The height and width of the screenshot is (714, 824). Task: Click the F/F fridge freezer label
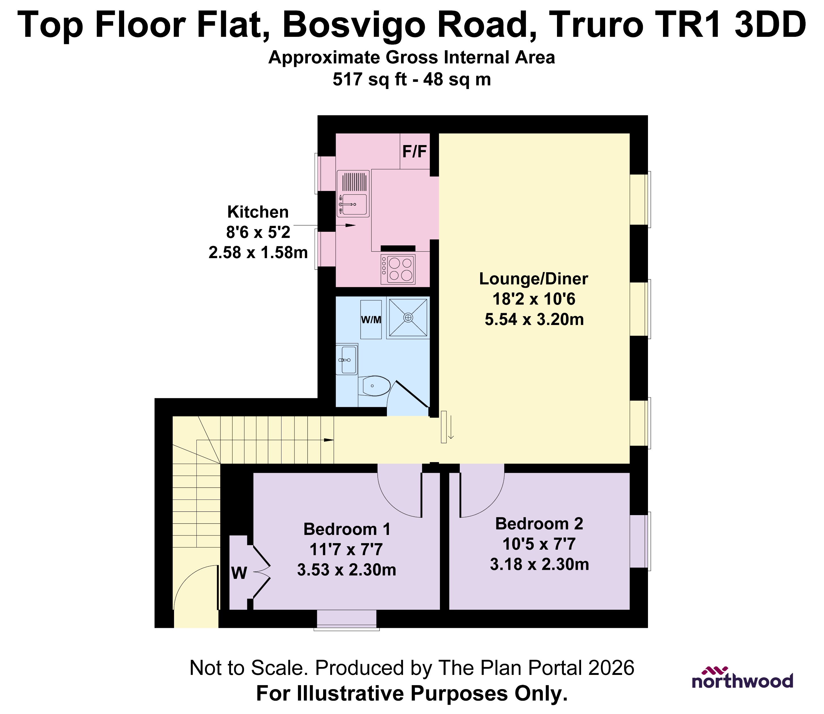click(415, 152)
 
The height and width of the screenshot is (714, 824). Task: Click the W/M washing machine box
click(371, 320)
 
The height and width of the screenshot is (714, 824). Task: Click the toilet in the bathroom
click(374, 386)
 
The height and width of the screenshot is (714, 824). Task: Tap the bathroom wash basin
click(347, 360)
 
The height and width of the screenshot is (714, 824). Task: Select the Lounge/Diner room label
click(533, 279)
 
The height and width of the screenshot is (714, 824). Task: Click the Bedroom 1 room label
click(347, 529)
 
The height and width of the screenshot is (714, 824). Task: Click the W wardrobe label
click(239, 573)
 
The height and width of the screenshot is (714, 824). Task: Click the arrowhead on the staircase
click(329, 440)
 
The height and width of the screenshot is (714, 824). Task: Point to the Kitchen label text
click(258, 212)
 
